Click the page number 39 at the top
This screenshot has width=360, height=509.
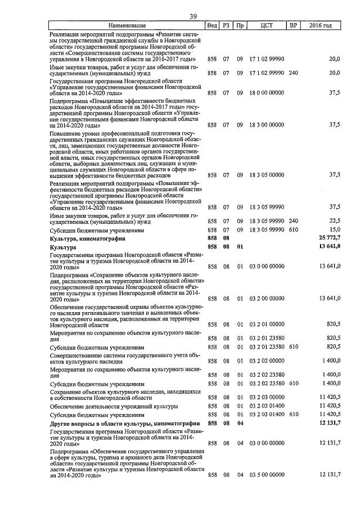point(193,16)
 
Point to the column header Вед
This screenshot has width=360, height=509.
point(212,26)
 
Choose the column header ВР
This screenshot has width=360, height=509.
point(293,26)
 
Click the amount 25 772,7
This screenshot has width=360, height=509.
point(327,238)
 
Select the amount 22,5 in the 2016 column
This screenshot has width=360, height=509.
point(334,221)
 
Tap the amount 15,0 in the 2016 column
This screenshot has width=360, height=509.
point(334,229)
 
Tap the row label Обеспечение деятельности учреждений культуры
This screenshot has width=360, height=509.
point(114,406)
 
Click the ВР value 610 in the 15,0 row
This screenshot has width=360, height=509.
point(293,229)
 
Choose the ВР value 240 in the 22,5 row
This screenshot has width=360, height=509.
point(293,221)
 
